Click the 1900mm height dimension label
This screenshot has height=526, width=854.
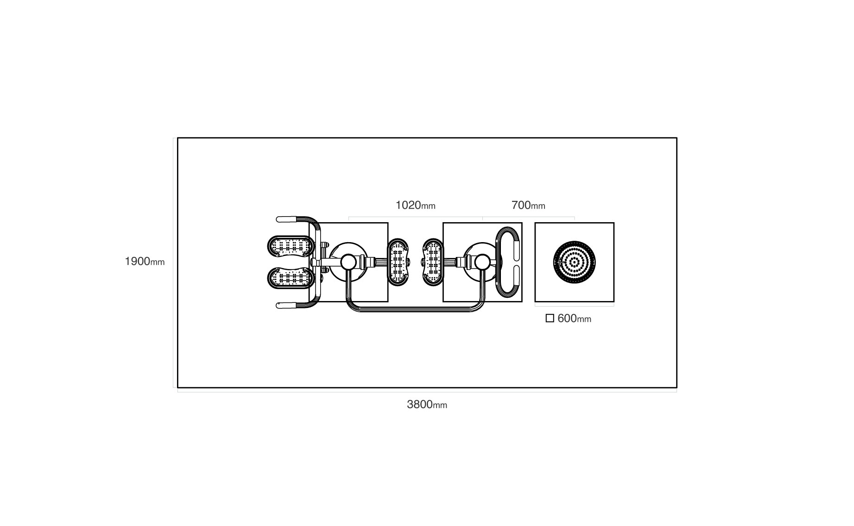point(145,262)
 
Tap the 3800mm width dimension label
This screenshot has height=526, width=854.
point(427,404)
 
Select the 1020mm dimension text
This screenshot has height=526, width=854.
point(415,205)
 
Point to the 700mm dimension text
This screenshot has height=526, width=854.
point(528,205)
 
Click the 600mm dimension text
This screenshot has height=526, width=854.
point(575,319)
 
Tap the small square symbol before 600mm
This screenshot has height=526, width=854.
point(550,319)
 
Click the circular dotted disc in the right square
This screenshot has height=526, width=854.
point(574,262)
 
